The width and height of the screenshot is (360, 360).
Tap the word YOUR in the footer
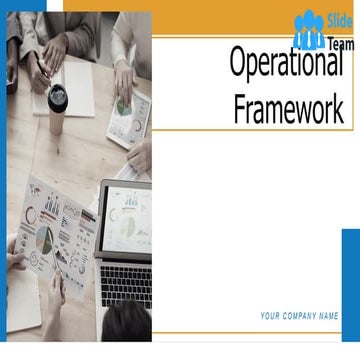[271, 316]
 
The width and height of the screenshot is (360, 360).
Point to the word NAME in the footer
[329, 316]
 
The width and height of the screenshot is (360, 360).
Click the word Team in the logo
[341, 44]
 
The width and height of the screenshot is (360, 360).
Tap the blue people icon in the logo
[309, 31]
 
